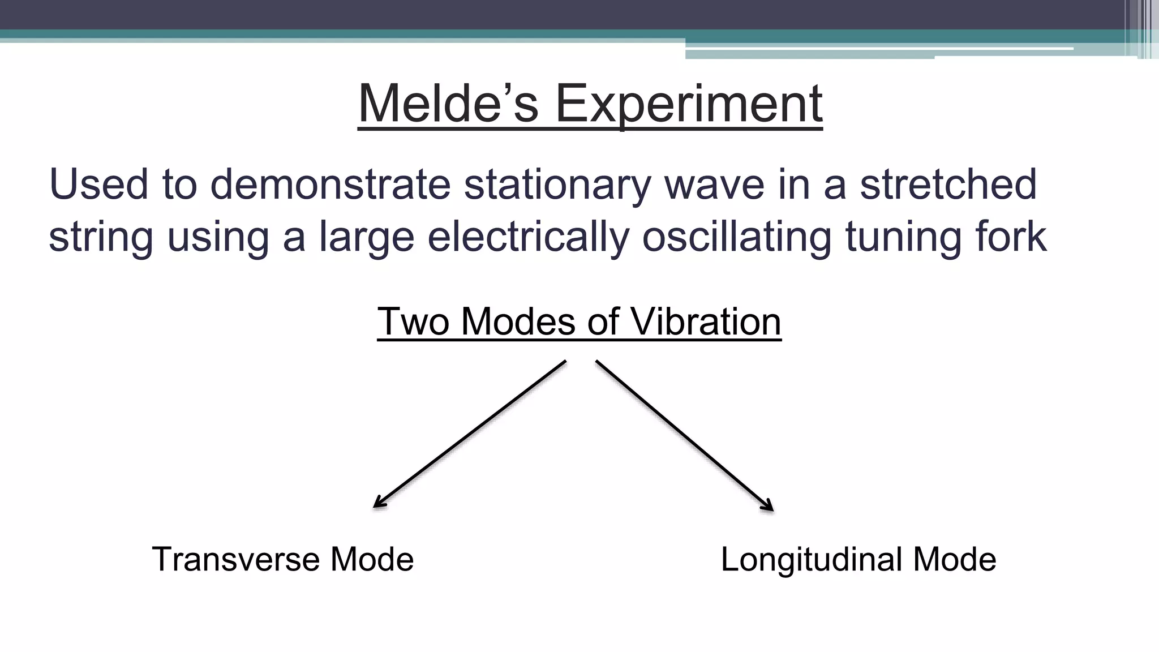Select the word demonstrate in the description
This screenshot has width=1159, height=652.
pyautogui.click(x=330, y=185)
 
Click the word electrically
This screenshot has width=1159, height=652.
pyautogui.click(x=528, y=237)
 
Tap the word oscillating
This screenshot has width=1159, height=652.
pyautogui.click(x=736, y=237)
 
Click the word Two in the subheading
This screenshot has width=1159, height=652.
pyautogui.click(x=413, y=321)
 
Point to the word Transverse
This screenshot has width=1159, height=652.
pyautogui.click(x=235, y=559)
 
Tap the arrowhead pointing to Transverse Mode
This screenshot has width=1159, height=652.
pyautogui.click(x=378, y=504)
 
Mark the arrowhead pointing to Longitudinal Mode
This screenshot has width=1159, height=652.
pyautogui.click(x=769, y=507)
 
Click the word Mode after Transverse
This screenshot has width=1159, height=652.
pyautogui.click(x=372, y=559)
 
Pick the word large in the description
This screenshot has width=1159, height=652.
pyautogui.click(x=367, y=237)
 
